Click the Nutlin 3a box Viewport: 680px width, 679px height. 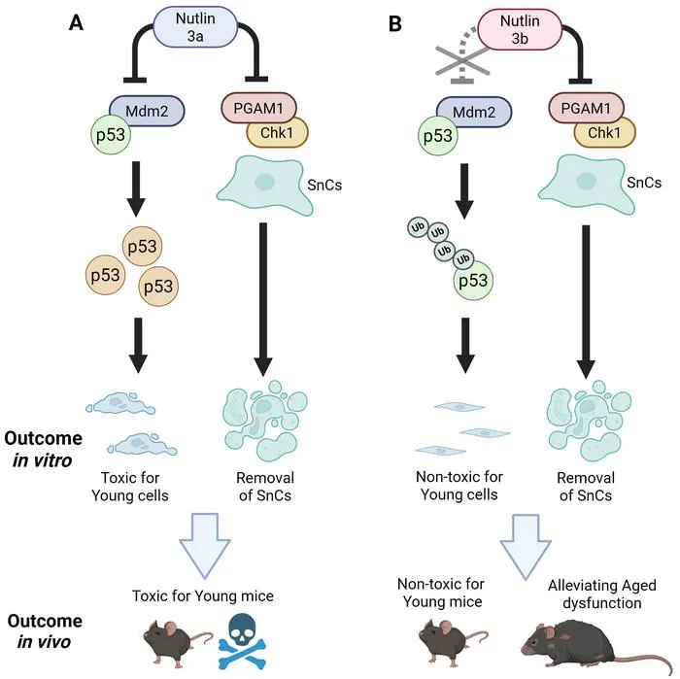click(x=195, y=27)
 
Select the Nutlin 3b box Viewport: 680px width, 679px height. click(x=520, y=29)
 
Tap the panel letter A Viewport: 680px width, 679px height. click(x=76, y=22)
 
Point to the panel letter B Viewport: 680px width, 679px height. click(x=394, y=23)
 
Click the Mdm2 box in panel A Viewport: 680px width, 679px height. click(x=147, y=111)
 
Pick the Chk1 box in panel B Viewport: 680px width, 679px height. click(x=604, y=132)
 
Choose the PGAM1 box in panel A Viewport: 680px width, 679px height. click(x=258, y=108)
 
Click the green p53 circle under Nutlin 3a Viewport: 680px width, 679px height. click(x=111, y=134)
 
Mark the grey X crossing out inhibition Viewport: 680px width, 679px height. click(x=463, y=61)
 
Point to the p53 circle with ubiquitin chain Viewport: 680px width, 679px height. click(x=473, y=280)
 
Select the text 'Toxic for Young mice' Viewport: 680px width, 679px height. click(x=203, y=595)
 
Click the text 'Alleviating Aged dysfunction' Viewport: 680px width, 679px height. click(x=602, y=594)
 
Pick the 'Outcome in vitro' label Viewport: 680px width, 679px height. click(x=43, y=449)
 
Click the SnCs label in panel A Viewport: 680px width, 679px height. click(x=324, y=186)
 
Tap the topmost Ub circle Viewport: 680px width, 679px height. click(x=418, y=227)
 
